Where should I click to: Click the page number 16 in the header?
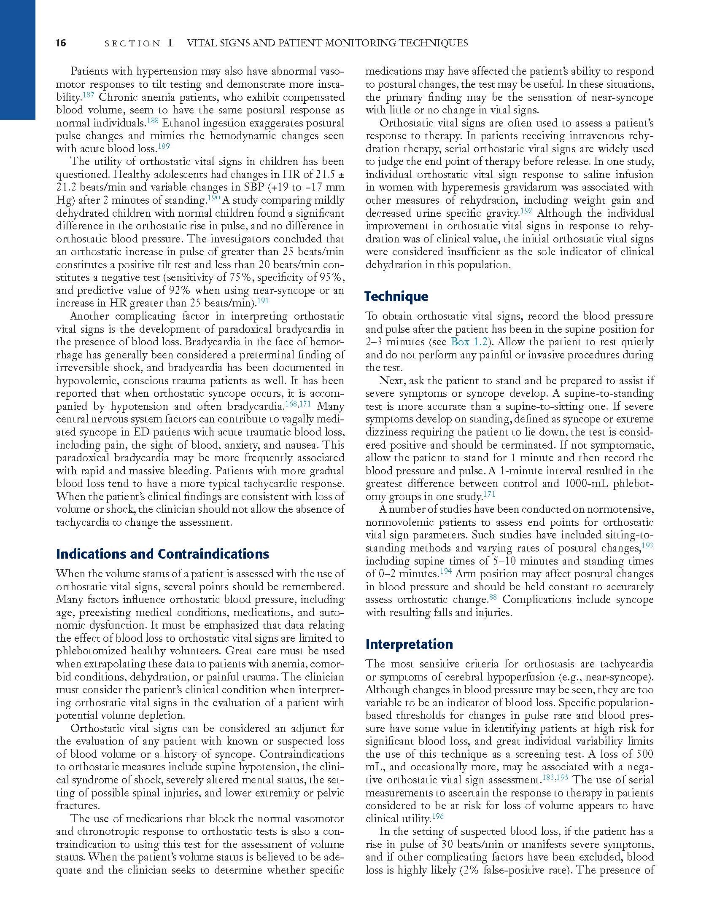[61, 43]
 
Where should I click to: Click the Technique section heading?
[396, 296]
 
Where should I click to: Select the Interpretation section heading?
[409, 644]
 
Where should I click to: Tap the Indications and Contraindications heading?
[162, 554]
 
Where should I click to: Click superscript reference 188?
[153, 121]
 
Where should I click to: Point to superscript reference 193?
[647, 546]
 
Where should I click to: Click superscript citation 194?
[446, 572]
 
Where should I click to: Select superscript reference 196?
[438, 817]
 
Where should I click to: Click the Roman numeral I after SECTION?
[170, 43]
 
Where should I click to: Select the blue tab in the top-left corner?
[17, 59]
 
